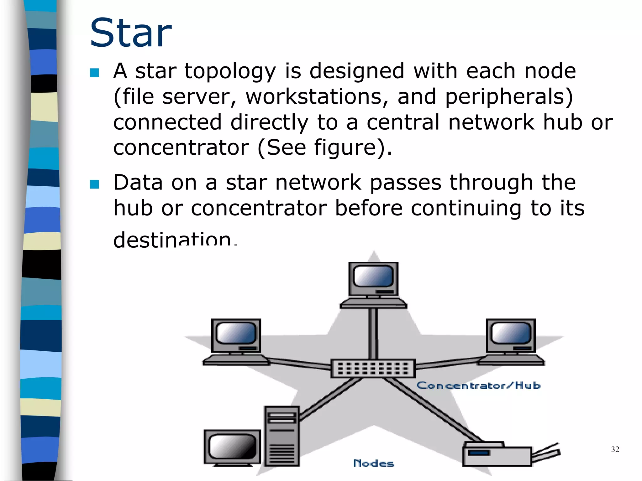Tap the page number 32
(x=615, y=449)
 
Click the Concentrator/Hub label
(x=478, y=385)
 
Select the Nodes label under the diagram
(x=373, y=463)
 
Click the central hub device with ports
(x=373, y=369)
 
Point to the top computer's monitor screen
(x=373, y=276)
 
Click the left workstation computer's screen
(x=236, y=333)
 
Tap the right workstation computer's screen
(x=511, y=333)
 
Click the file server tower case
(x=282, y=436)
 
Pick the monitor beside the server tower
(x=232, y=447)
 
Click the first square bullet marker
(x=94, y=73)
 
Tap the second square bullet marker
(x=94, y=184)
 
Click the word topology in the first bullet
(x=230, y=71)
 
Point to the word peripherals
(x=508, y=96)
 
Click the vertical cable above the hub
(x=373, y=334)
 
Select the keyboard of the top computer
(x=373, y=303)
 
